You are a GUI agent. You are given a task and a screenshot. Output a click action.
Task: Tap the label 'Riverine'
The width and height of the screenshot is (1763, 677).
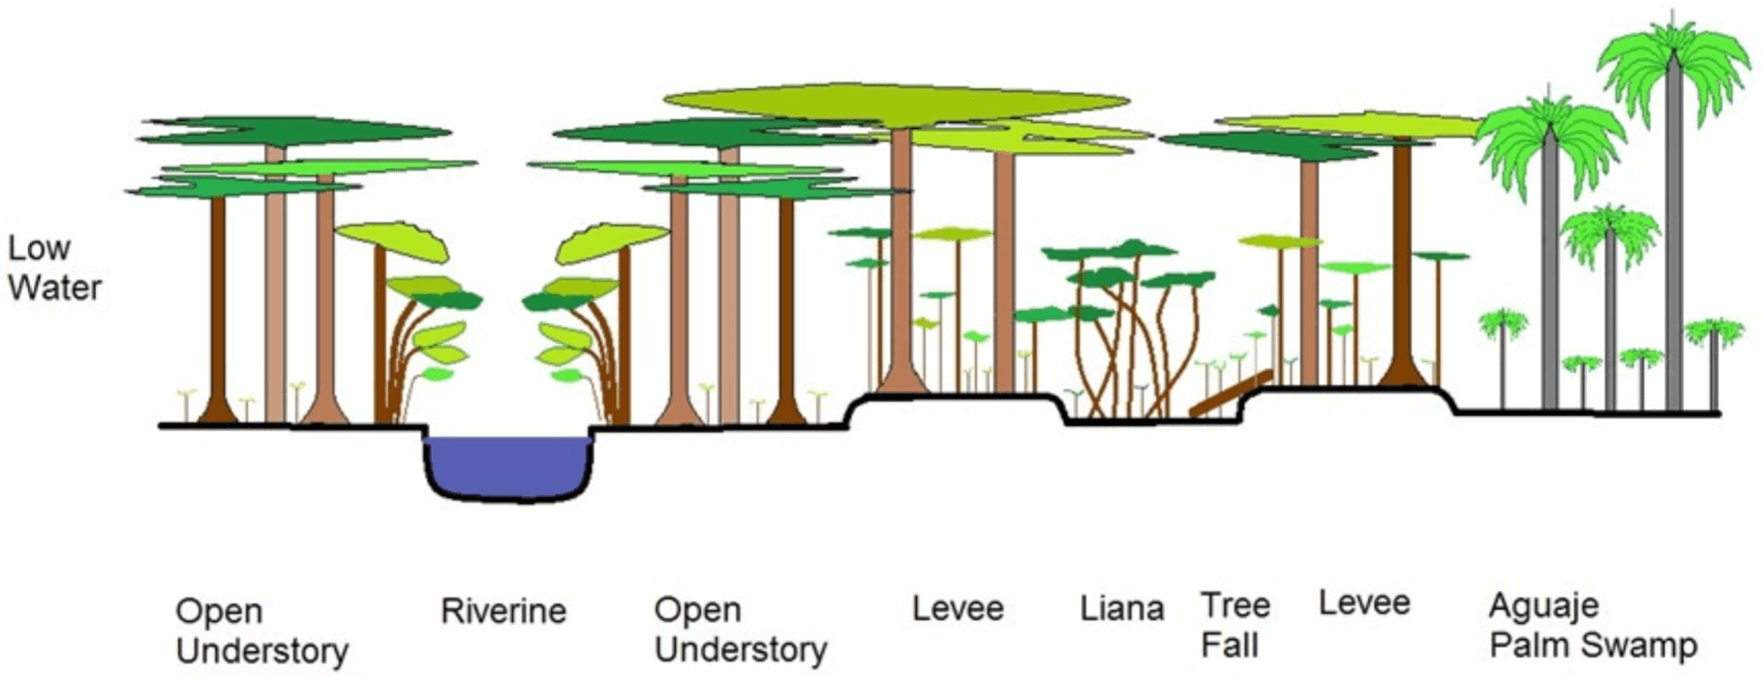503,612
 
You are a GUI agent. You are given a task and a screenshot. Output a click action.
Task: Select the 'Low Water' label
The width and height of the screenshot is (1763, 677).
55,268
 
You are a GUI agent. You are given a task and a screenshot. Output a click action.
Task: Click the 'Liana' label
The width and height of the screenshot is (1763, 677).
1121,609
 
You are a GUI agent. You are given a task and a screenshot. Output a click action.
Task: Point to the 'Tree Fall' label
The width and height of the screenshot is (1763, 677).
1235,625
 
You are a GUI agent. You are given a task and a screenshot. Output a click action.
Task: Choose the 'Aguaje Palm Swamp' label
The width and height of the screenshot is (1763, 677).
1593,626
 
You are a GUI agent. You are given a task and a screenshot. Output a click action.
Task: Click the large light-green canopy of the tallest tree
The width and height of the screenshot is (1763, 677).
897,103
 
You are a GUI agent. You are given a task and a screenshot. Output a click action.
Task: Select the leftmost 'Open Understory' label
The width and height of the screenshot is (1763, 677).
261,631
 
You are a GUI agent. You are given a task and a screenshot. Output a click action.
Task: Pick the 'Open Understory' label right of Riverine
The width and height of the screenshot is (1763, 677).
741,630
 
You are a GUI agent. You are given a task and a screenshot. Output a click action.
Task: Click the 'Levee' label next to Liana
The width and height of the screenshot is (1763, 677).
957,609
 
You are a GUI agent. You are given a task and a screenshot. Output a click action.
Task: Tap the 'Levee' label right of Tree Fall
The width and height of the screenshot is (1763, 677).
1364,603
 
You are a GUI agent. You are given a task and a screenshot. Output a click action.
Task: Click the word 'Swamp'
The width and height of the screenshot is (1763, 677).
1642,645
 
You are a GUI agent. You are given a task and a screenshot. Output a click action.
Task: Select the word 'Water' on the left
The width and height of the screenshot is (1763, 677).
55,288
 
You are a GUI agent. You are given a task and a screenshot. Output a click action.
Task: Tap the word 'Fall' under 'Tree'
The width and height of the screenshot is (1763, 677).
1230,645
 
